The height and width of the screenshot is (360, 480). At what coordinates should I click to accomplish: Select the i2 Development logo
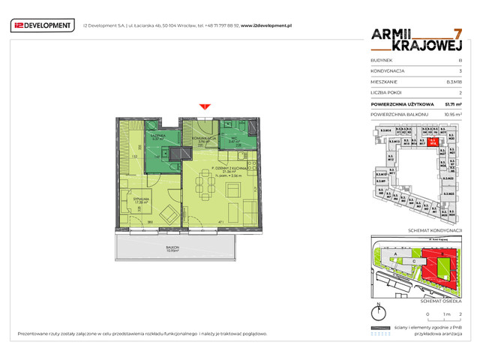(43, 26)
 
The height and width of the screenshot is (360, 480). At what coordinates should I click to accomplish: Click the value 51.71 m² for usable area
(453, 104)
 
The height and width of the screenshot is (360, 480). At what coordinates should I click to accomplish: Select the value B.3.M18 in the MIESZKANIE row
(453, 81)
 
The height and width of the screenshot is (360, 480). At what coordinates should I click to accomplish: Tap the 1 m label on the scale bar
(445, 314)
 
